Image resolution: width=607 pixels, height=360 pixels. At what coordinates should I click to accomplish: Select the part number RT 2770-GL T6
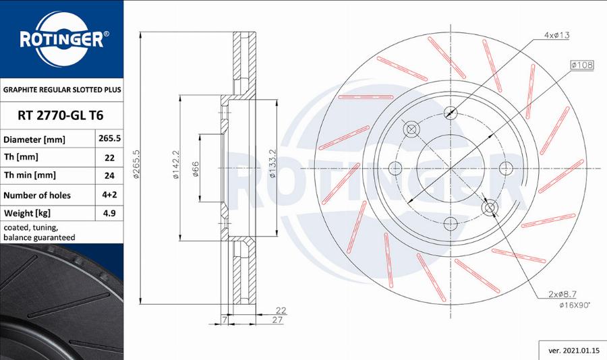(x=53, y=115)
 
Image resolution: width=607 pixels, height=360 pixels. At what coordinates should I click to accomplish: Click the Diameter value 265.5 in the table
(x=109, y=140)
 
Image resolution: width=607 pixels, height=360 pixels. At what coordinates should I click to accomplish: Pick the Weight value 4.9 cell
(x=109, y=213)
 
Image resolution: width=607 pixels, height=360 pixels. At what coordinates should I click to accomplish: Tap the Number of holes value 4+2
(x=109, y=195)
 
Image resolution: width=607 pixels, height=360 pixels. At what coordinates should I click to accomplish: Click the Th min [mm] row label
(x=30, y=176)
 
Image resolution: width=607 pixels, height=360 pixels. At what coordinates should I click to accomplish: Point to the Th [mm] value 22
(x=109, y=158)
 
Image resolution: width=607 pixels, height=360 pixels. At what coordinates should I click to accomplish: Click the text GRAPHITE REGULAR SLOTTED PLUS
(x=61, y=89)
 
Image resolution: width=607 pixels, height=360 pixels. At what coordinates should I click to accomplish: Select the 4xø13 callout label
(x=557, y=34)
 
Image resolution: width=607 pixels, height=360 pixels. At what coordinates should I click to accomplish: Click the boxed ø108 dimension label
(x=581, y=65)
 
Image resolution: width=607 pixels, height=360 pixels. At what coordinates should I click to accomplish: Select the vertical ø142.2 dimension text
(x=176, y=165)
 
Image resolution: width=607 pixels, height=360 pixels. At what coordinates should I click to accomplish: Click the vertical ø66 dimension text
(x=196, y=169)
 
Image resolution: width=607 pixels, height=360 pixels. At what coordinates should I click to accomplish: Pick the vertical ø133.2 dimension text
(x=272, y=165)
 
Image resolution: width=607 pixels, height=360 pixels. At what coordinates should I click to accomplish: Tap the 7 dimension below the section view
(x=223, y=320)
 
